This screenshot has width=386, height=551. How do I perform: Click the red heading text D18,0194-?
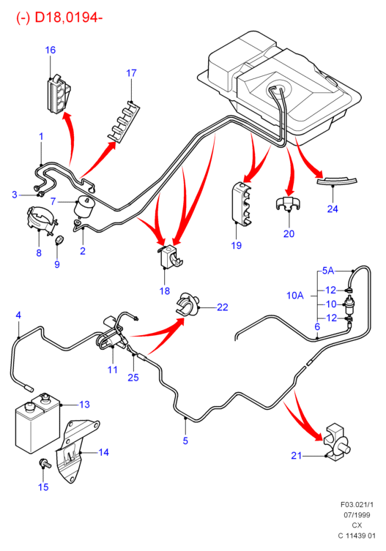coord(68,18)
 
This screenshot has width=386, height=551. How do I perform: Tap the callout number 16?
coord(51,50)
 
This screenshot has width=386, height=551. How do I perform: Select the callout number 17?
coord(131,73)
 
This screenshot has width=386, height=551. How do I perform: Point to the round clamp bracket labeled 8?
coord(42,220)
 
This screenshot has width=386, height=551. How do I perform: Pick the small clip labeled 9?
coord(59,240)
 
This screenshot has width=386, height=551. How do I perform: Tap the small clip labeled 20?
coord(288,204)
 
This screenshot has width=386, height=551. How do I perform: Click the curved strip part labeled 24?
coord(337,181)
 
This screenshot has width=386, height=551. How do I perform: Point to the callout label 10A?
coord(295,295)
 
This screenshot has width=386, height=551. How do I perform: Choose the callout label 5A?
coord(328,270)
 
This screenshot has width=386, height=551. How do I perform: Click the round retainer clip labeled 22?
coord(188,303)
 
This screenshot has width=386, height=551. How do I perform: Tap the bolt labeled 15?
coord(45,463)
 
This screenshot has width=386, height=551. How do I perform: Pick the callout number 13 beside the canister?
coord(84,405)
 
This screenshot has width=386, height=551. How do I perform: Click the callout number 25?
coord(133,378)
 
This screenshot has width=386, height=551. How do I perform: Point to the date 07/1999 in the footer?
coord(357,515)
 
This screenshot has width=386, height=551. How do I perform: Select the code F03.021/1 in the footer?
coord(357,505)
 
